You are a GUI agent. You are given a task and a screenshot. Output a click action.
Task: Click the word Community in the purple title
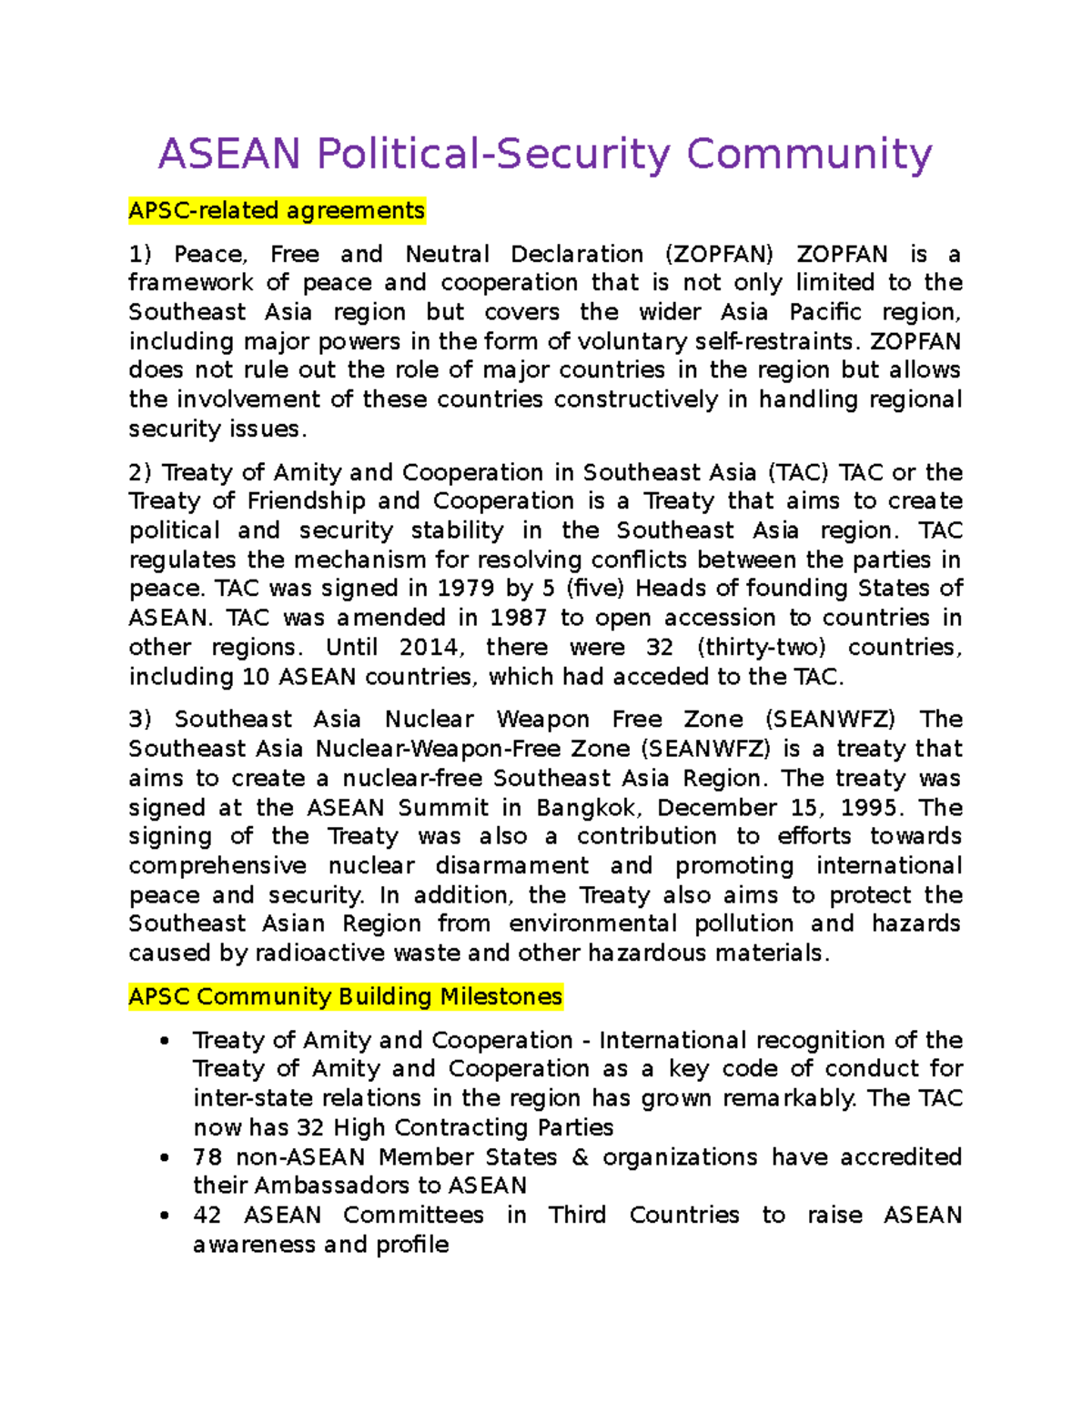click(x=809, y=154)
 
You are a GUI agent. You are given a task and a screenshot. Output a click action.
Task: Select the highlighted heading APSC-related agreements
click(x=277, y=211)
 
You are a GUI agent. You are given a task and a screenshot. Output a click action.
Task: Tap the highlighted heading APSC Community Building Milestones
click(x=345, y=997)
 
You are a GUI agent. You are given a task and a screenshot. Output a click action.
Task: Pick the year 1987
click(x=518, y=618)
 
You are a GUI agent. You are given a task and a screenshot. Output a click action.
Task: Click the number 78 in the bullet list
click(x=207, y=1157)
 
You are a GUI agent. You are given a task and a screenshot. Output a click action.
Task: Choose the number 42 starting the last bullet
click(x=207, y=1216)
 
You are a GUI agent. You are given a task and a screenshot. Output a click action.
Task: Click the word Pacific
click(x=824, y=312)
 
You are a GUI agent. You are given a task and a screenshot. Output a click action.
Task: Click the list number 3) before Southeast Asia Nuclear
click(x=140, y=720)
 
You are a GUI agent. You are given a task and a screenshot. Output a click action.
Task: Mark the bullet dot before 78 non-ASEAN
click(x=164, y=1157)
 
